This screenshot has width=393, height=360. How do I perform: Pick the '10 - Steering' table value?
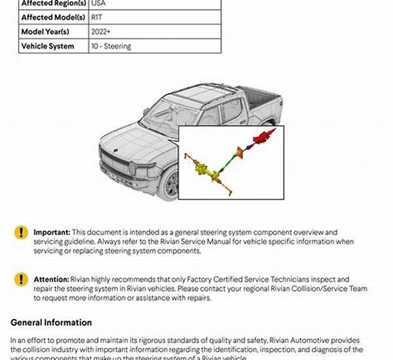click(x=111, y=46)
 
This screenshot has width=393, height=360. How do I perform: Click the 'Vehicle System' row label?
click(x=47, y=46)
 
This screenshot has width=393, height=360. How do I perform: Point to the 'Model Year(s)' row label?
click(x=47, y=31)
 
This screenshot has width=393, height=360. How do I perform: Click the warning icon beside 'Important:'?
click(x=22, y=232)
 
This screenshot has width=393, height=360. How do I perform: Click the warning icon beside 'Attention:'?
click(x=22, y=279)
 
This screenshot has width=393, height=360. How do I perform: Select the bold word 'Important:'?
click(x=52, y=232)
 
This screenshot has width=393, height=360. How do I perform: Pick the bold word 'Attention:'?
click(x=51, y=279)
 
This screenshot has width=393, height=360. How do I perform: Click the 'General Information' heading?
click(x=51, y=323)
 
